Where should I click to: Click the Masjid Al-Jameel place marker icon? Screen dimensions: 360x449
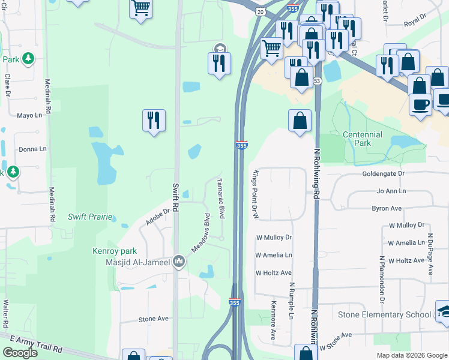pyautogui.click(x=179, y=262)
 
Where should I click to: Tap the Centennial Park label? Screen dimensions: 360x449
pyautogui.click(x=362, y=139)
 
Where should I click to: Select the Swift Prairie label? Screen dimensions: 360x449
pyautogui.click(x=90, y=217)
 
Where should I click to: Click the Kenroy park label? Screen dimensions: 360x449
pyautogui.click(x=115, y=251)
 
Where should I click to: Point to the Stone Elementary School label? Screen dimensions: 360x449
pyautogui.click(x=384, y=315)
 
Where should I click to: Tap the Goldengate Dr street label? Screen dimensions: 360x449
pyautogui.click(x=384, y=173)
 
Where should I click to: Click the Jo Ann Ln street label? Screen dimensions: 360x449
pyautogui.click(x=391, y=191)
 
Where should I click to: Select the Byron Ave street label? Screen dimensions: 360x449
pyautogui.click(x=387, y=208)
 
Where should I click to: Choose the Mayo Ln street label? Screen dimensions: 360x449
pyautogui.click(x=30, y=115)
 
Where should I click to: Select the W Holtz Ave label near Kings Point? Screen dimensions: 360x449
pyautogui.click(x=273, y=272)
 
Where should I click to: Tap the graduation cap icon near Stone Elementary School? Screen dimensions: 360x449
pyautogui.click(x=443, y=311)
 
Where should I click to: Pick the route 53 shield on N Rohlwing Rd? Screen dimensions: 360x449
pyautogui.click(x=317, y=80)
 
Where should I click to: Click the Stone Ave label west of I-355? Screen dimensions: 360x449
pyautogui.click(x=154, y=319)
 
